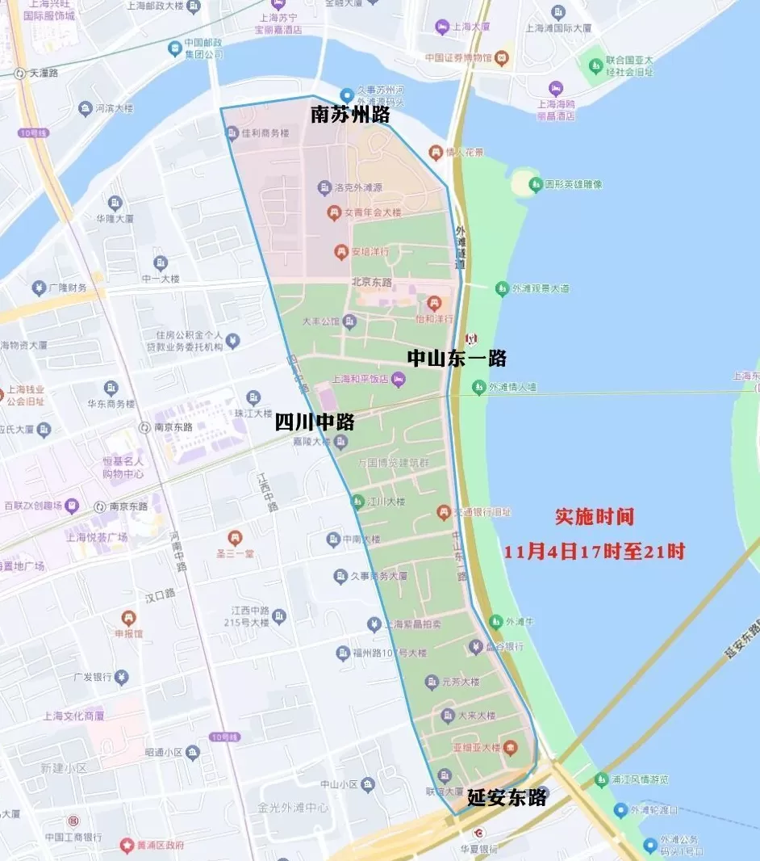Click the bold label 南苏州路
pyautogui.click(x=350, y=115)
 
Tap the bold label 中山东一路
pyautogui.click(x=457, y=359)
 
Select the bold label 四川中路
pyautogui.click(x=315, y=422)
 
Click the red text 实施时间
pyautogui.click(x=595, y=517)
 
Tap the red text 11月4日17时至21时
pyautogui.click(x=595, y=552)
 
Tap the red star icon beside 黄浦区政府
pyautogui.click(x=127, y=845)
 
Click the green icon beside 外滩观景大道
pyautogui.click(x=502, y=288)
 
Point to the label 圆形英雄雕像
pyautogui.click(x=574, y=185)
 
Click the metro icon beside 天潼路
pyautogui.click(x=19, y=73)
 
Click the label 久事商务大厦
pyautogui.click(x=379, y=577)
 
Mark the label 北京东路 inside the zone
pyautogui.click(x=372, y=283)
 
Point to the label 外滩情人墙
pyautogui.click(x=512, y=388)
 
